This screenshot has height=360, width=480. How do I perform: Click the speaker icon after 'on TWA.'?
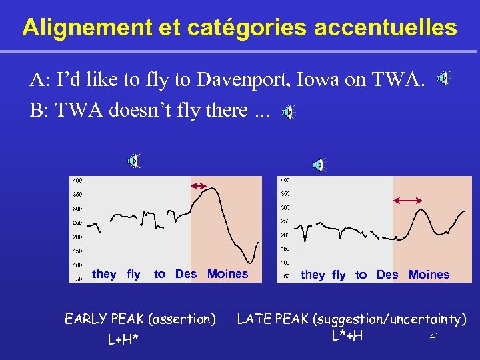point(443,79)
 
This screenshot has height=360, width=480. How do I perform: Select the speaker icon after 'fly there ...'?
point(288,113)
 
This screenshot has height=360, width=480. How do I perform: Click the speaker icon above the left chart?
point(134,161)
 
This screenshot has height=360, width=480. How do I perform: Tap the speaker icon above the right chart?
point(319,165)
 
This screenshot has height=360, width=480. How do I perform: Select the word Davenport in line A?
point(246,81)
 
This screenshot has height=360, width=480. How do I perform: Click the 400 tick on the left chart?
point(78,180)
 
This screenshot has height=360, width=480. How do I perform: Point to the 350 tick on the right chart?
point(285,194)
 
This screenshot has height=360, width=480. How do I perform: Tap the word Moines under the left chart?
point(227,274)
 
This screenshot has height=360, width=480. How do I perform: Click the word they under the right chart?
point(313,275)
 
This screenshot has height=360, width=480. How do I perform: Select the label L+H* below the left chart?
point(123,340)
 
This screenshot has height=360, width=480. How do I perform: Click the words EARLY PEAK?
point(107,319)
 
